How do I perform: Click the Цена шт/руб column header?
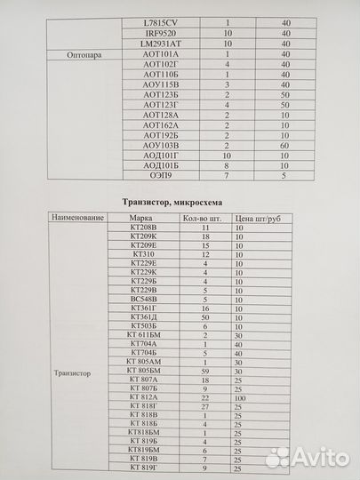click(x=258, y=218)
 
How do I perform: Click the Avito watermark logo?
click(x=306, y=457)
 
